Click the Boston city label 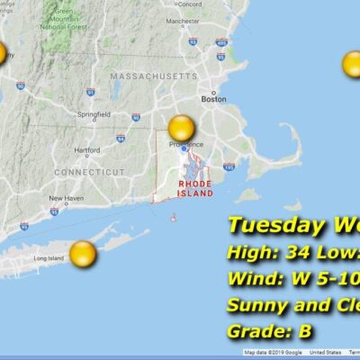click(x=213, y=99)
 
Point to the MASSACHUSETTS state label click(x=153, y=77)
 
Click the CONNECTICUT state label click(x=90, y=171)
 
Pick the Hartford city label click(x=86, y=149)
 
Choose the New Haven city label click(x=66, y=198)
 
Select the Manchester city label click(x=207, y=19)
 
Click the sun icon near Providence click(x=182, y=128)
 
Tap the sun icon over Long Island click(x=83, y=254)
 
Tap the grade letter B click(x=306, y=330)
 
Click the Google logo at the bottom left click(x=18, y=351)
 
